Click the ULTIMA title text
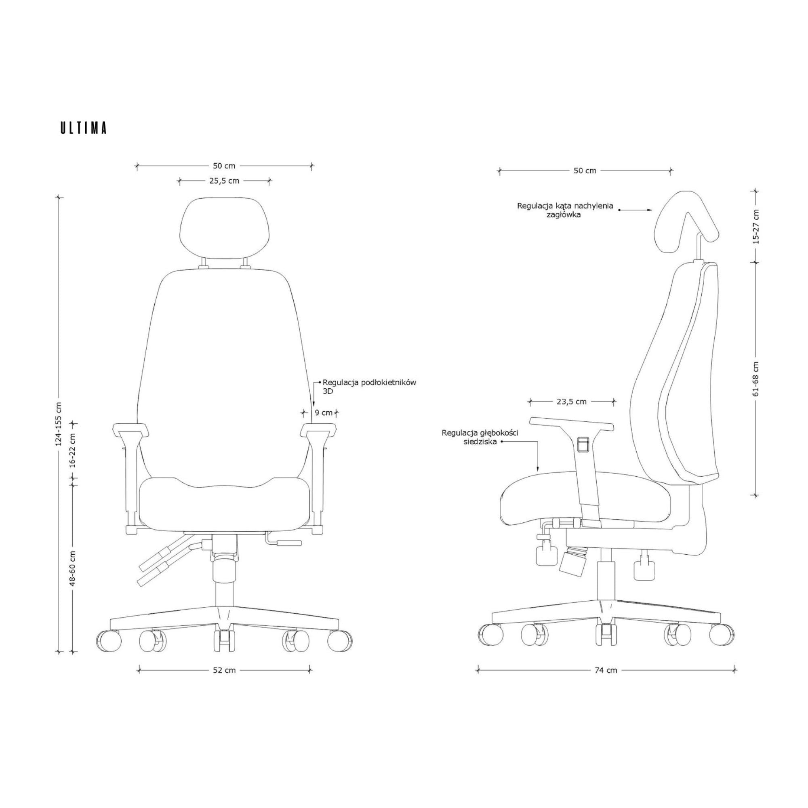tap(84, 128)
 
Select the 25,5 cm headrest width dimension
tap(224, 181)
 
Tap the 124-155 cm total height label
tap(59, 424)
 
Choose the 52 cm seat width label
tap(224, 670)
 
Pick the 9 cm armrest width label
tap(324, 413)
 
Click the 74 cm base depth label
tap(606, 670)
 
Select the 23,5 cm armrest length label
tap(572, 402)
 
